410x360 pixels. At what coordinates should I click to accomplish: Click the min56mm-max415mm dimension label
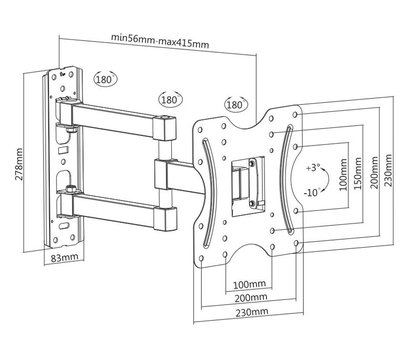point(160,40)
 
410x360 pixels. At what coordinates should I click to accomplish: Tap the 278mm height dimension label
point(19,164)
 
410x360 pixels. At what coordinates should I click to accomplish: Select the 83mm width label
point(64,257)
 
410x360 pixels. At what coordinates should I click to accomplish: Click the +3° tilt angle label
point(312,167)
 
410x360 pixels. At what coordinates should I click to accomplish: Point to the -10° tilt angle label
point(312,192)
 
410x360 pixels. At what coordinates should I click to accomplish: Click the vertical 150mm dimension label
point(358,173)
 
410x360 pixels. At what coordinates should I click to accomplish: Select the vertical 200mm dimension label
point(375,172)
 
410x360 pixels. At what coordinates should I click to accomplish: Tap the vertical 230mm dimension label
point(389,170)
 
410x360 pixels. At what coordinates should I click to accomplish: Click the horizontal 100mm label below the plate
point(249,284)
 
